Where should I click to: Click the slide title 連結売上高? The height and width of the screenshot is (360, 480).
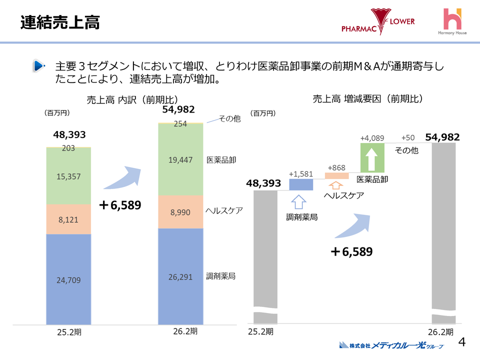[60, 22]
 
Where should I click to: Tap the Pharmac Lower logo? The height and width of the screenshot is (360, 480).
[378, 22]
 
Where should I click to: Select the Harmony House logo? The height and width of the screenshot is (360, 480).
[453, 22]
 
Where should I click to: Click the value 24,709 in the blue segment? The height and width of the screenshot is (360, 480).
[68, 279]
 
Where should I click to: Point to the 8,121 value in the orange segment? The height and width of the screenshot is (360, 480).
[68, 219]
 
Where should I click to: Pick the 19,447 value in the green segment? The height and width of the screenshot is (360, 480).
[181, 159]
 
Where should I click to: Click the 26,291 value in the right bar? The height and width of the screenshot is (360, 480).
[181, 276]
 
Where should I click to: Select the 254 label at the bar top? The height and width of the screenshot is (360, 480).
[180, 124]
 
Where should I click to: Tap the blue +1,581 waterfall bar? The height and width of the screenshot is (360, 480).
[301, 184]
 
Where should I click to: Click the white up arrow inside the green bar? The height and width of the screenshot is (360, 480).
[372, 159]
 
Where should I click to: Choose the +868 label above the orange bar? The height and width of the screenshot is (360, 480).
[336, 167]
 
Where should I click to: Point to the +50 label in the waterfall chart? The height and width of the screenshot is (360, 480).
[408, 137]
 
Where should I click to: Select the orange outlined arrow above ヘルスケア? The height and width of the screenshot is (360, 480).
[336, 184]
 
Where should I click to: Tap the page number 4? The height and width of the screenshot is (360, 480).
[462, 342]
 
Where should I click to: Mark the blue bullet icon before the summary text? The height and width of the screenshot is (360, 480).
[38, 66]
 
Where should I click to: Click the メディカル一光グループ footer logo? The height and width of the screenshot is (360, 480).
[390, 345]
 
